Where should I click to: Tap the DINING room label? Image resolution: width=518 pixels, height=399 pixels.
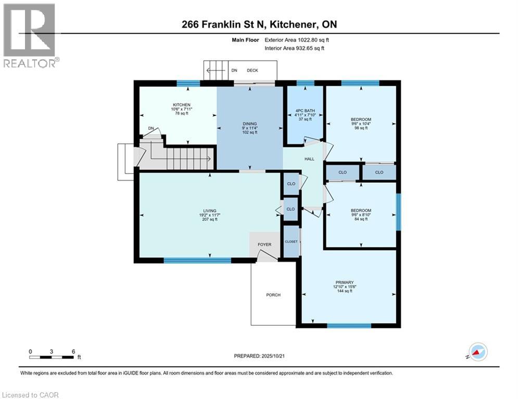(249, 124)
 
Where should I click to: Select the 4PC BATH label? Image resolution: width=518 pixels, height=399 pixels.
(305, 110)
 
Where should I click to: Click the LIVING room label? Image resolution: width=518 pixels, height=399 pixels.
(209, 210)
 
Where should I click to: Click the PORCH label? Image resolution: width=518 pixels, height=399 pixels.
(273, 295)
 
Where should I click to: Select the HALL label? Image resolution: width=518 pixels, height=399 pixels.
(309, 158)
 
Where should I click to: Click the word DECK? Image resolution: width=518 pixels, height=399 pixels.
(252, 70)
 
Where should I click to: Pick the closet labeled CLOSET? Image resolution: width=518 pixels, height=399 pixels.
(291, 242)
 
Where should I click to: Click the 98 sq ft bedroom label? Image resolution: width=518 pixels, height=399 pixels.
(361, 120)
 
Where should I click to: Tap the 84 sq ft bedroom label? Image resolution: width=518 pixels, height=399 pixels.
(361, 210)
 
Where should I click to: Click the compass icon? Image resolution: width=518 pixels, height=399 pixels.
(477, 351)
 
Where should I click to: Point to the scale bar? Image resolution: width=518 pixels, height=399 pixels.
(52, 356)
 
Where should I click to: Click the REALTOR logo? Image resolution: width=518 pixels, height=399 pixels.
(29, 35)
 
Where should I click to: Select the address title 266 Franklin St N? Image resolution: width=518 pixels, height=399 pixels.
(259, 24)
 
